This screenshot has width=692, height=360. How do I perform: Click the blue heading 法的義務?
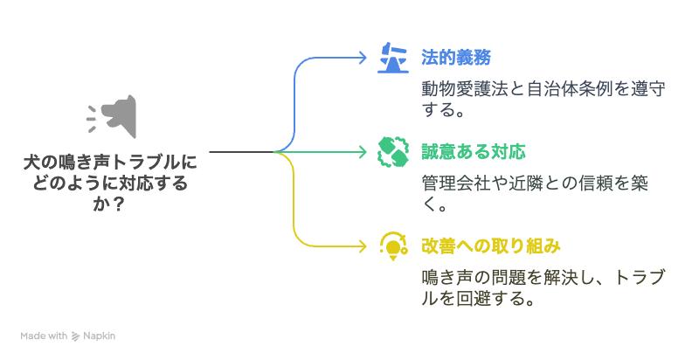tap(455, 59)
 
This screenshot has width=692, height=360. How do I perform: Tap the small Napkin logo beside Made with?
tap(76, 336)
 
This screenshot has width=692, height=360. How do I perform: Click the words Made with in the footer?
tap(45, 336)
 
